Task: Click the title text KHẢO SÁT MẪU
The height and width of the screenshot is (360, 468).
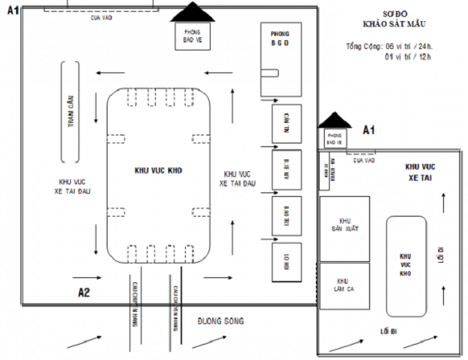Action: (388, 24)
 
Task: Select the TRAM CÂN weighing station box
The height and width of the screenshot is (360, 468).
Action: (71, 112)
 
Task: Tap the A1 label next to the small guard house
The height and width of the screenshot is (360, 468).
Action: (370, 130)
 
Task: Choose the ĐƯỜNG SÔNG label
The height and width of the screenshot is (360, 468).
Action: (220, 320)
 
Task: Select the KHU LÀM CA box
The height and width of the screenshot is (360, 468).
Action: (344, 286)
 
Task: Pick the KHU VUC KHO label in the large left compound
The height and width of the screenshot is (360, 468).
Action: (159, 170)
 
